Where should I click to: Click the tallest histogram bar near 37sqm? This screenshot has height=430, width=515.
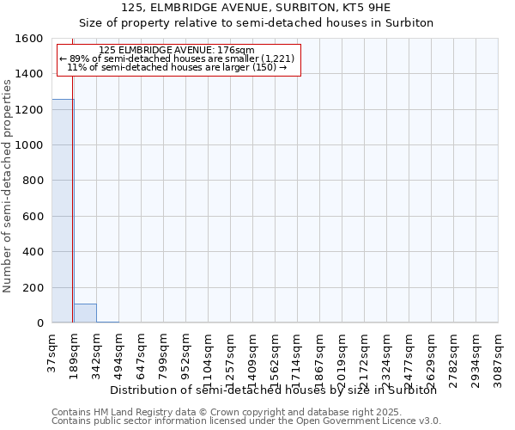click(x=63, y=211)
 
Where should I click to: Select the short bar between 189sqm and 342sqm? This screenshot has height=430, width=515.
click(x=85, y=313)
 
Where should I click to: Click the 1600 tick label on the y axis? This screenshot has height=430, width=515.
click(x=29, y=39)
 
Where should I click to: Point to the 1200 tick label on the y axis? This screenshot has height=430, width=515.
click(x=29, y=110)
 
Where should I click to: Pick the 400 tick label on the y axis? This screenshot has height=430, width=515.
click(x=33, y=252)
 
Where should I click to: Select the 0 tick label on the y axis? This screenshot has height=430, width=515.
click(x=40, y=323)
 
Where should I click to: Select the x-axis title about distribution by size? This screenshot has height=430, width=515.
click(x=274, y=390)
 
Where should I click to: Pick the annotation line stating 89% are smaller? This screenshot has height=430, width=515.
click(x=177, y=58)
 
